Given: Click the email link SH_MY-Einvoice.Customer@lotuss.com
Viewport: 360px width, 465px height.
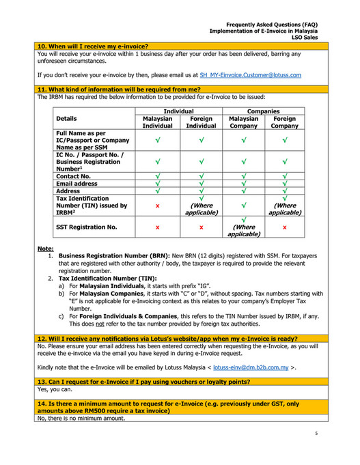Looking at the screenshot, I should point(250,74).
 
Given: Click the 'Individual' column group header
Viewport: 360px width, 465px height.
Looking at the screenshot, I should point(175,110).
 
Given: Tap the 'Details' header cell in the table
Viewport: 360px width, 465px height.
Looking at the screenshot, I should point(68,118).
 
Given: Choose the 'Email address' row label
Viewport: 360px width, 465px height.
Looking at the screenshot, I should point(77,184).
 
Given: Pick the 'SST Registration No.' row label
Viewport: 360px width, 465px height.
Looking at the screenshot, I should point(86,225).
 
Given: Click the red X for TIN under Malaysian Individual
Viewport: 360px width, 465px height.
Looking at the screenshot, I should point(157,205).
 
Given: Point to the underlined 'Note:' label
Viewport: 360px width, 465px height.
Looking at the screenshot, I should point(46,249).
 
